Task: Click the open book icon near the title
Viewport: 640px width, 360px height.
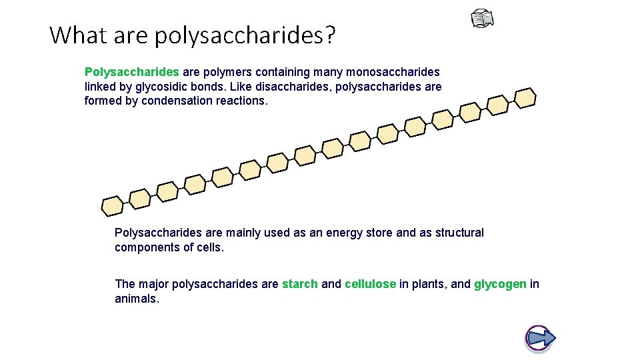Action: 483,19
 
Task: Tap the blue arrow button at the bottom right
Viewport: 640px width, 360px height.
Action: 540,337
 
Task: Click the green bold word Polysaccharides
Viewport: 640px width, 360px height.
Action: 132,71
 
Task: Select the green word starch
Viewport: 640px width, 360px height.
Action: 299,284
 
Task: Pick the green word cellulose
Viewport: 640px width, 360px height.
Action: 370,284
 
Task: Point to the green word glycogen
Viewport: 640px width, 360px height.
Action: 500,284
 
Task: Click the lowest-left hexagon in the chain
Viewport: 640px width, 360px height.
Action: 112,206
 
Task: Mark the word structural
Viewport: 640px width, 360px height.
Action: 459,233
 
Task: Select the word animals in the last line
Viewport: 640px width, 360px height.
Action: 136,299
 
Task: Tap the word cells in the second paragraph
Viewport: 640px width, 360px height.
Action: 210,247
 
